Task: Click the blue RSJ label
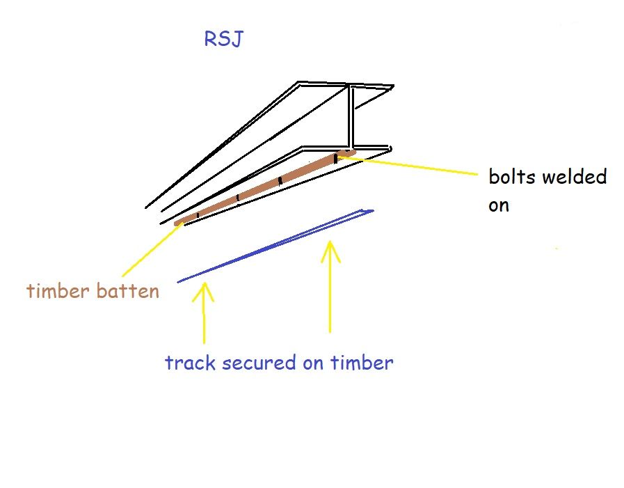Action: [223, 39]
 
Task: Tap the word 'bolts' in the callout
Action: [511, 177]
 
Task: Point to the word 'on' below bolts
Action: [499, 205]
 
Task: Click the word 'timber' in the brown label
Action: [58, 290]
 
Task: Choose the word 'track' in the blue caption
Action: [190, 363]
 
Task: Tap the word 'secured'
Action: [259, 363]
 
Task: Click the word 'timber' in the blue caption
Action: [362, 363]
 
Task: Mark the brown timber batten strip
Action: [265, 187]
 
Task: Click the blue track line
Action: [275, 246]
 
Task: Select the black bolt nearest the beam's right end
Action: [335, 159]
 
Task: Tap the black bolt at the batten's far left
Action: [198, 215]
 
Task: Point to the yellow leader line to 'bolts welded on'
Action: [408, 165]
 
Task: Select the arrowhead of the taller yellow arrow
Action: [330, 251]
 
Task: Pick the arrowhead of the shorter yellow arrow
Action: [204, 292]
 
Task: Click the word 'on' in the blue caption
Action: [313, 363]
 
